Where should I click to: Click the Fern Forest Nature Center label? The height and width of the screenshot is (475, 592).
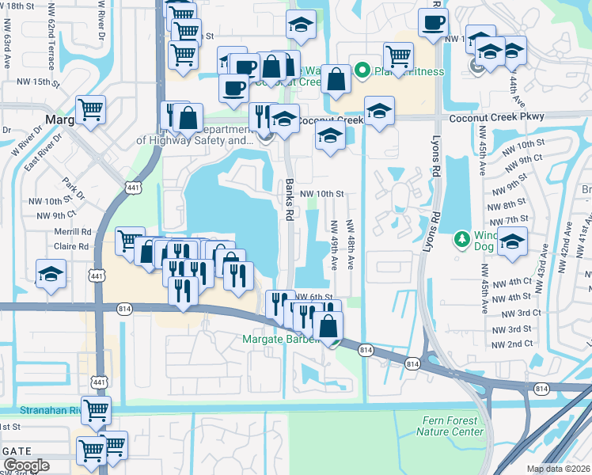pos(450,427)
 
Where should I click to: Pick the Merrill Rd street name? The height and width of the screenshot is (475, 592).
pos(74,232)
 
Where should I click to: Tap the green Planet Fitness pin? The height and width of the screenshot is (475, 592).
pos(363,71)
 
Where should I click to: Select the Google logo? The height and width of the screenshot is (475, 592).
pos(26,465)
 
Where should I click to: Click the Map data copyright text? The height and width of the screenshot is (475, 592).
pos(556,469)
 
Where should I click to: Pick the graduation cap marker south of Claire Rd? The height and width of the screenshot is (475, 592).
pos(51,274)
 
